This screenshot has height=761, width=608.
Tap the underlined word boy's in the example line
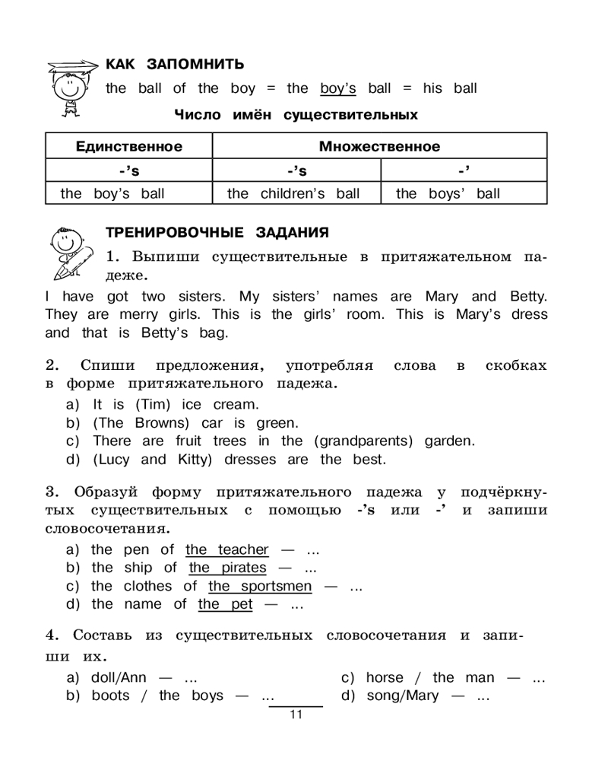[338, 88]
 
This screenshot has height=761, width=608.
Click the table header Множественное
[379, 146]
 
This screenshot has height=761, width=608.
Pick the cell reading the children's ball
[293, 193]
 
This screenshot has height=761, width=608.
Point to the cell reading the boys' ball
[448, 193]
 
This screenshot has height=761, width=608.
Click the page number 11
[296, 715]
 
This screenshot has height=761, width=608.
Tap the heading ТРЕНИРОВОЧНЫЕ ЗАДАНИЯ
[217, 232]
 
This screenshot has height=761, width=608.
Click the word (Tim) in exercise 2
[151, 405]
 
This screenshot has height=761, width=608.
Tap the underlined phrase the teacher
[227, 549]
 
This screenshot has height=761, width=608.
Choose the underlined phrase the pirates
[228, 568]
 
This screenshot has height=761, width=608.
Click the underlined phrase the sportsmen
[260, 586]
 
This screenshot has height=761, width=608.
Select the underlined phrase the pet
[226, 604]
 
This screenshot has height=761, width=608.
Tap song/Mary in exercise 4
[403, 696]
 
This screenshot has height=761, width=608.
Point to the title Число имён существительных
[296, 115]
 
